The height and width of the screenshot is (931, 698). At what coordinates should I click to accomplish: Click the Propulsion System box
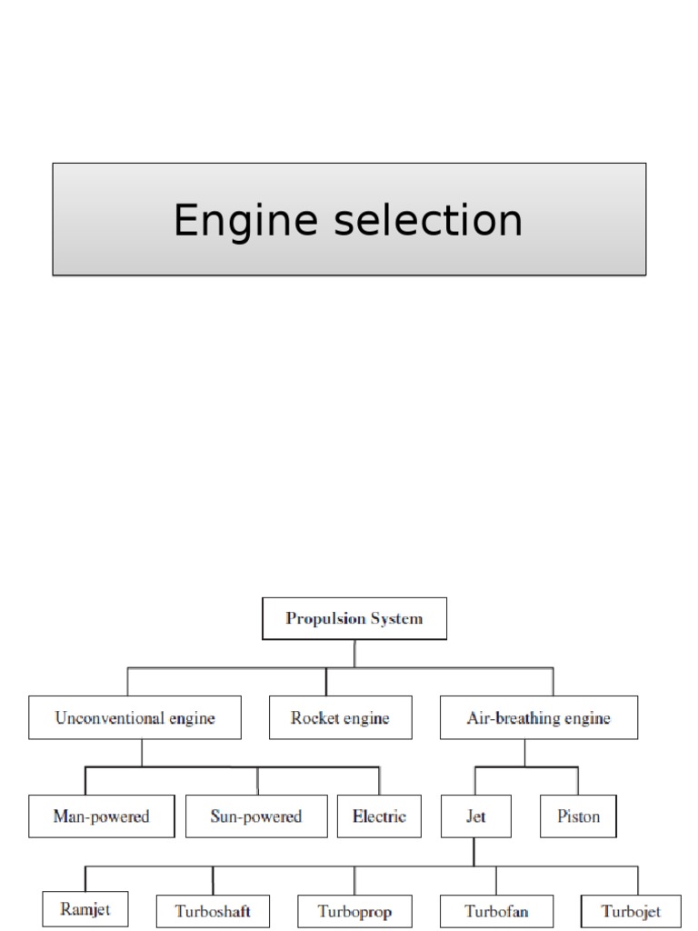click(x=354, y=619)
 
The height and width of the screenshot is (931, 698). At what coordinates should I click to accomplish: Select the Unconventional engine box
click(x=135, y=717)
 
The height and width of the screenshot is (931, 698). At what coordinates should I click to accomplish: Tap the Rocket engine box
click(x=340, y=717)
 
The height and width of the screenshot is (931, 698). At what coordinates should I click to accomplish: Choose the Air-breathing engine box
click(x=538, y=717)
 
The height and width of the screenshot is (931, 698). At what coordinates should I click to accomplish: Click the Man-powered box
click(x=101, y=816)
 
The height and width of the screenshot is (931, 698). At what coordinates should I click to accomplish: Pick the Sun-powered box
click(x=255, y=816)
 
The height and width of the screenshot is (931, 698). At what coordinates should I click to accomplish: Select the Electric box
click(x=379, y=816)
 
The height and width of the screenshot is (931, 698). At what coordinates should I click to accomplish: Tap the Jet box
click(x=475, y=816)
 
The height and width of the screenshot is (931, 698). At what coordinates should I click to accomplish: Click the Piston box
click(x=578, y=816)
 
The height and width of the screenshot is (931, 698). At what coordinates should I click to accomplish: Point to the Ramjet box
click(x=85, y=908)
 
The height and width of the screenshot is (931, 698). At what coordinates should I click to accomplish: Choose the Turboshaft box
click(x=213, y=910)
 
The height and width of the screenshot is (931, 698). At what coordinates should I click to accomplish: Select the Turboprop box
click(x=354, y=910)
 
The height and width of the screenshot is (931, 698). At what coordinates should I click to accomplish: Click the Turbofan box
click(x=496, y=910)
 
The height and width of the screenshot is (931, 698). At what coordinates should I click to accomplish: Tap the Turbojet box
click(x=631, y=910)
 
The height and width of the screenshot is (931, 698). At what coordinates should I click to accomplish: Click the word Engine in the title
click(x=238, y=221)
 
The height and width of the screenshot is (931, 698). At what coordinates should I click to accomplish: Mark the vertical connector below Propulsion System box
click(x=354, y=654)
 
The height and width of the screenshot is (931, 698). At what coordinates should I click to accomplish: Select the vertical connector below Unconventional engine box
click(x=142, y=752)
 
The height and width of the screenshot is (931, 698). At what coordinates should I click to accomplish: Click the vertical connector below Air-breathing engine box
click(x=524, y=752)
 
